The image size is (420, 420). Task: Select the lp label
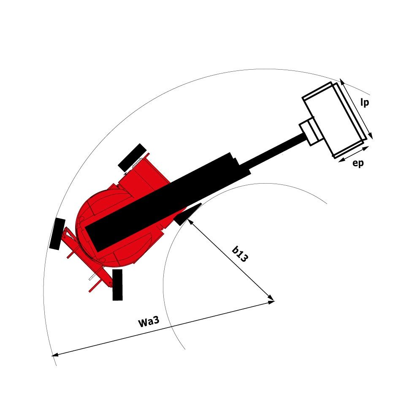click(x=365, y=103)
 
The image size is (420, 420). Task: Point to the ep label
click(x=358, y=164)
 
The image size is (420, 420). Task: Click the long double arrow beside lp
click(x=356, y=108)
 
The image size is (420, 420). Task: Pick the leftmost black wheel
click(x=57, y=234)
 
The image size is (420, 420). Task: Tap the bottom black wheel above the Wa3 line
click(x=117, y=285)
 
